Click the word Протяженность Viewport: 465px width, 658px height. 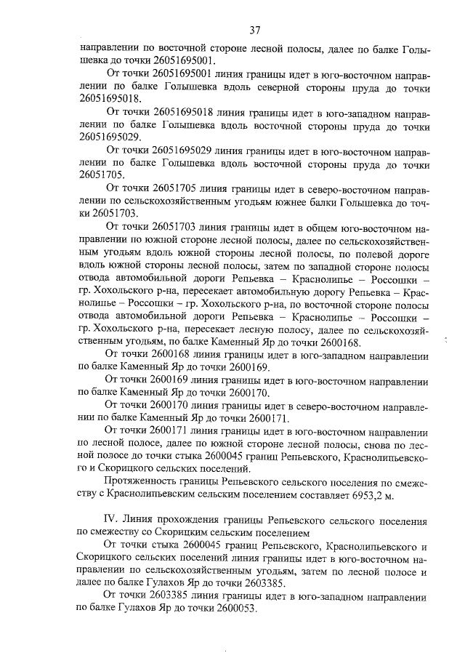(x=144, y=482)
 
